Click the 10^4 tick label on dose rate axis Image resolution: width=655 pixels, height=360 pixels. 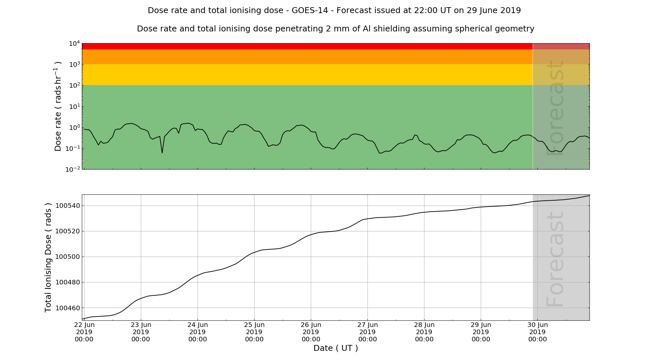coord(74,44)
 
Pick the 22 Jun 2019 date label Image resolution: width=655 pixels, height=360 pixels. coord(84,332)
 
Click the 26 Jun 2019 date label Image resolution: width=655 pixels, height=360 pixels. coord(311,332)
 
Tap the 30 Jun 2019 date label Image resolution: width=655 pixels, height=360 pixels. coord(537,332)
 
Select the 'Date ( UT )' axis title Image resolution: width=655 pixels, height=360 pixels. coord(336,348)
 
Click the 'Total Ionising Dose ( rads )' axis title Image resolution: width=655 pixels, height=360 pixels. coord(48,258)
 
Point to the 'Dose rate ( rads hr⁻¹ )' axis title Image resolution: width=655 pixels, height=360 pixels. coord(58,106)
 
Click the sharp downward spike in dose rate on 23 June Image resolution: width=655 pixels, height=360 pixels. coord(162,153)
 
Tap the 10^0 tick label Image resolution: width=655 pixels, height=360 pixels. coord(74,128)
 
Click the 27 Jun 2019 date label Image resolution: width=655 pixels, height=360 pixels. coord(367,332)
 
